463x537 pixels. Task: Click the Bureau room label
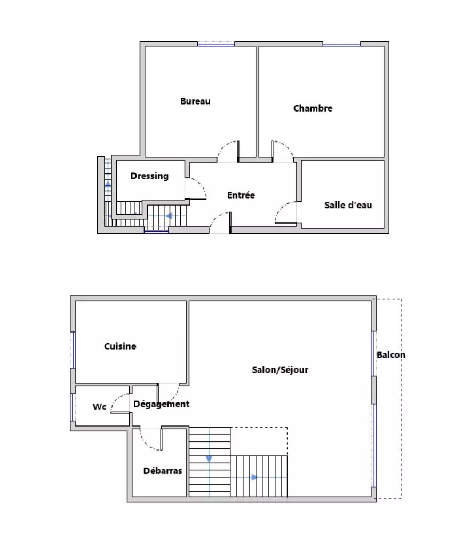coord(195,101)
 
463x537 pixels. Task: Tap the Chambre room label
coord(313,108)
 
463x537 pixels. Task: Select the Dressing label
coord(149,176)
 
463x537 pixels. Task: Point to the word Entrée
coord(241,195)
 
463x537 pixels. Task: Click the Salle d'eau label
coord(348,205)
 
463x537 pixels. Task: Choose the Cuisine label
coord(120,346)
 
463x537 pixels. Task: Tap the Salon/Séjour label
coord(280,370)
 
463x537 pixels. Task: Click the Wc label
coord(100,407)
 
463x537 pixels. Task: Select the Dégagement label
coord(161,405)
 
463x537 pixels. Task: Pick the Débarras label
coord(163,471)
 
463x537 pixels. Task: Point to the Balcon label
coord(391,355)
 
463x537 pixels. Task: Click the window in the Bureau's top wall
coord(216,44)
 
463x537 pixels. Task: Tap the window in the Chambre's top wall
coord(341,44)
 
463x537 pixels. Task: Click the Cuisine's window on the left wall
coord(73,350)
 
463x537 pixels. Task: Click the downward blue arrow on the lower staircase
coord(209,459)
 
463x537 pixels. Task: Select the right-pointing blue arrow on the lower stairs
coord(254,477)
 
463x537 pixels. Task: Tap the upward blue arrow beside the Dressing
coord(108,184)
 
